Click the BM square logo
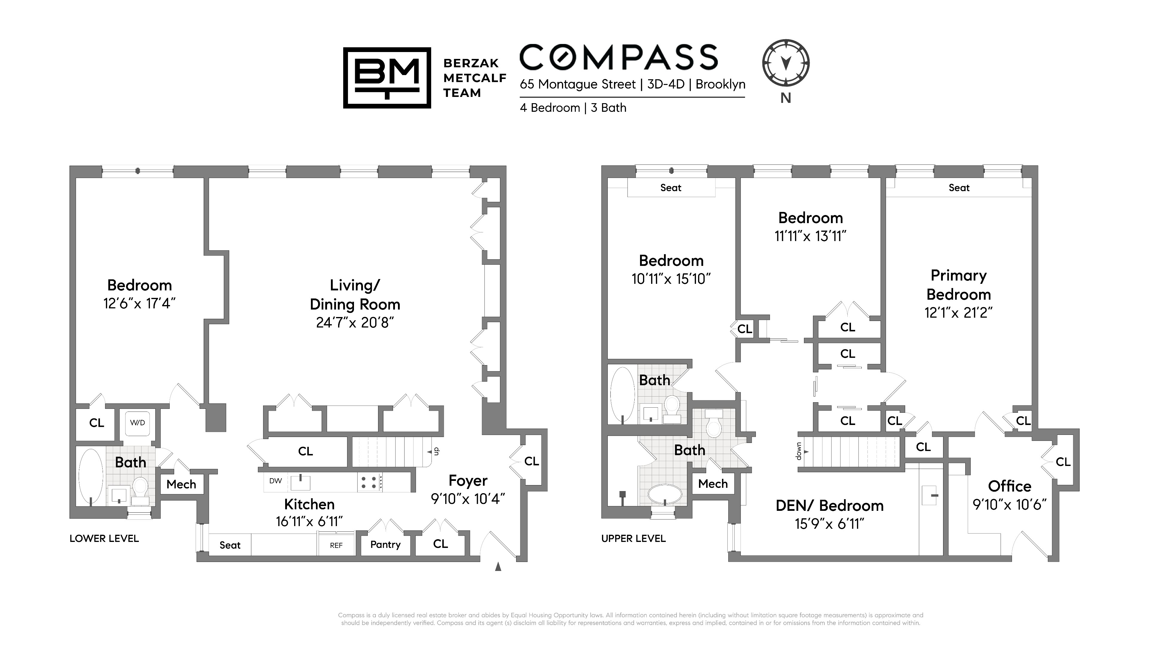point(387,77)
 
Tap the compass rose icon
point(786,63)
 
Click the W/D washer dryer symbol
point(137,422)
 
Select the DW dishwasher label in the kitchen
point(276,481)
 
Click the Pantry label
point(385,544)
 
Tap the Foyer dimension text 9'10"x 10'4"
point(468,499)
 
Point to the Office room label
point(1009,486)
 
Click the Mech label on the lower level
point(181,484)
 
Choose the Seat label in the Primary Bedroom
point(959,188)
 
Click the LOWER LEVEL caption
point(104,539)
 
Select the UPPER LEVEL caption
point(633,539)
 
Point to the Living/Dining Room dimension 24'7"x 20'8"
point(355,322)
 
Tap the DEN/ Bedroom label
point(830,505)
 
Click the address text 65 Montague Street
point(577,84)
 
